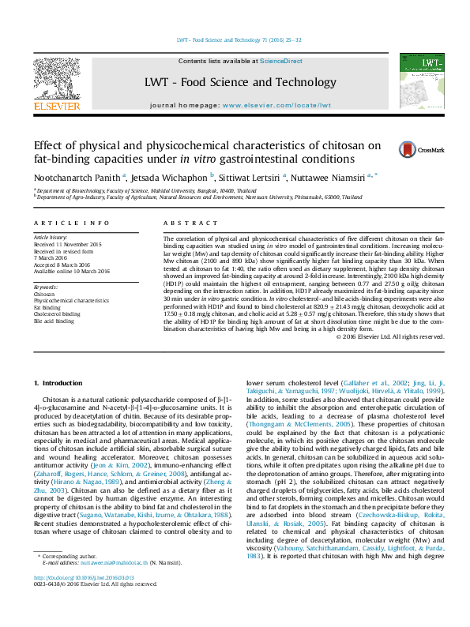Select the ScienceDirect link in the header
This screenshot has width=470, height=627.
(282, 62)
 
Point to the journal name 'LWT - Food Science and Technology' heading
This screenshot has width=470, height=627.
(240, 82)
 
